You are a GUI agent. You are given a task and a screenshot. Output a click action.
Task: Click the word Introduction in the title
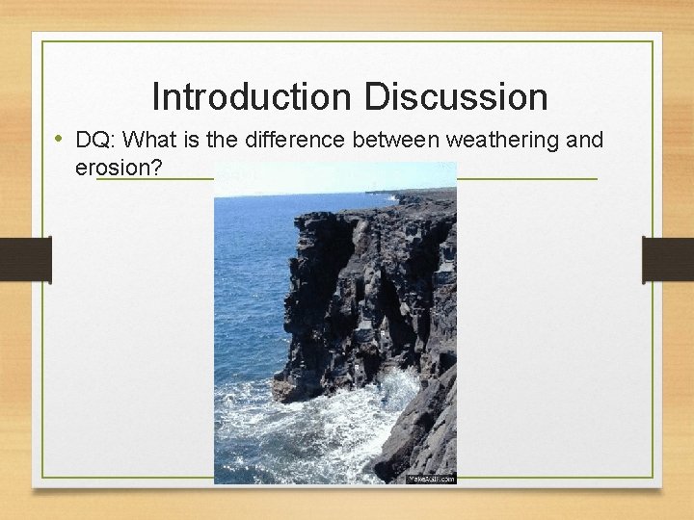click(x=254, y=97)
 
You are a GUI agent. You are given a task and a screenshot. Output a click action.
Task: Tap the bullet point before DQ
click(x=59, y=140)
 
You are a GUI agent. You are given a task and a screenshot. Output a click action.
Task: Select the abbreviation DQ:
click(x=92, y=141)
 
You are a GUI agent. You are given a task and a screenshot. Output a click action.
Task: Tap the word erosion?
click(x=118, y=169)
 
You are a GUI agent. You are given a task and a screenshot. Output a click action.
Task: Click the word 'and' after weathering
click(x=585, y=141)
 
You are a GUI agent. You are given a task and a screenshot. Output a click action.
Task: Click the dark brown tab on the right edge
click(x=668, y=260)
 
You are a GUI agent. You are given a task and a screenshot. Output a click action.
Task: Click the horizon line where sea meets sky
click(x=289, y=195)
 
